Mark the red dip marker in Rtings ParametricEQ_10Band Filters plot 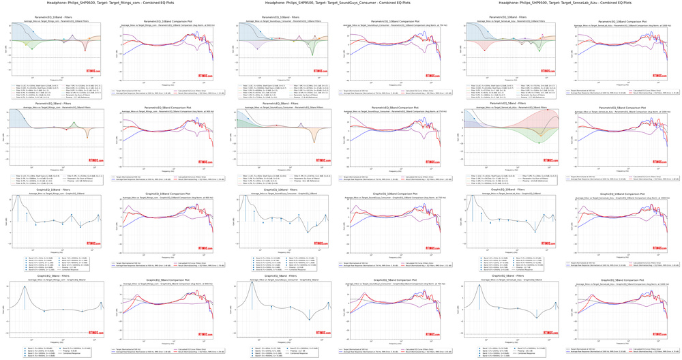pos(85,50)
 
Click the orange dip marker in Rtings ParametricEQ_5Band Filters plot pos(87,137)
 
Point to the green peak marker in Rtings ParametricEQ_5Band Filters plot pos(73,123)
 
